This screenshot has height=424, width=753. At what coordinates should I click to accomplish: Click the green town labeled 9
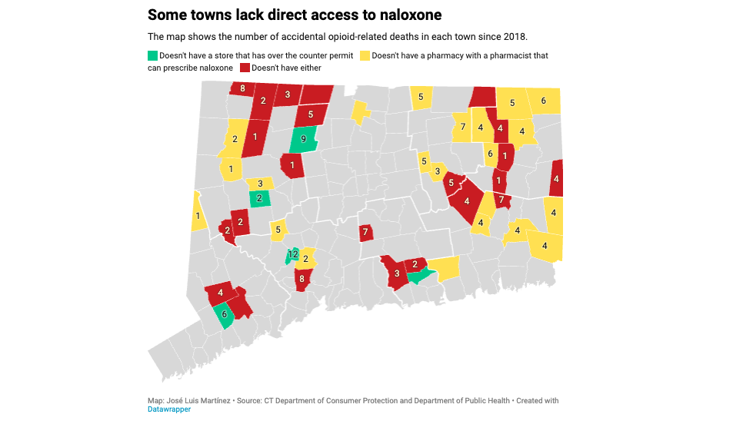(304, 140)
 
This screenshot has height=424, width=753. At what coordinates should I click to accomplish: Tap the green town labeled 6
(225, 314)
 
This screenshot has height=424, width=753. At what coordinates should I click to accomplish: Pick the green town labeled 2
(260, 198)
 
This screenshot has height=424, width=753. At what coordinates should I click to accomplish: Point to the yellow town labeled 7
(463, 127)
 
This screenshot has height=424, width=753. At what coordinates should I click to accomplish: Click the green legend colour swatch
(152, 56)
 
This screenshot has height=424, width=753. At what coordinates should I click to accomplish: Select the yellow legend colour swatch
(365, 56)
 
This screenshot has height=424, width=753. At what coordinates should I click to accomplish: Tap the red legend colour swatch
(245, 68)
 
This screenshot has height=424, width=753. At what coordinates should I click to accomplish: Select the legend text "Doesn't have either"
(286, 68)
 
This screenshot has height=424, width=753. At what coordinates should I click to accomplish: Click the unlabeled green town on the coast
(418, 277)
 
